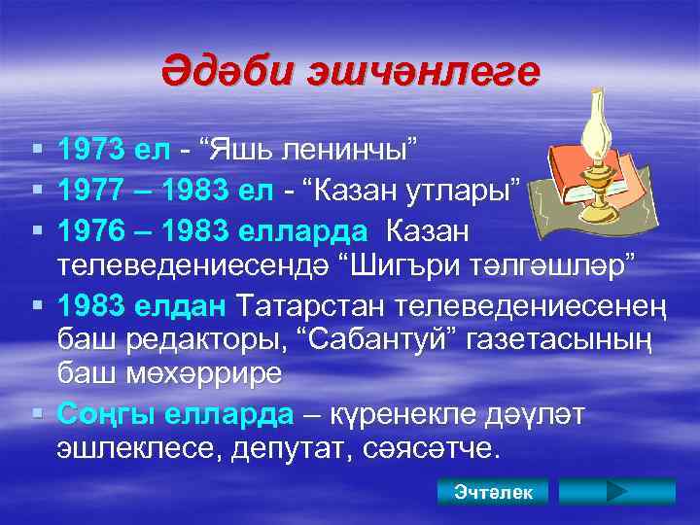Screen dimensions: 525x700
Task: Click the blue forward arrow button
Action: (614, 492)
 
